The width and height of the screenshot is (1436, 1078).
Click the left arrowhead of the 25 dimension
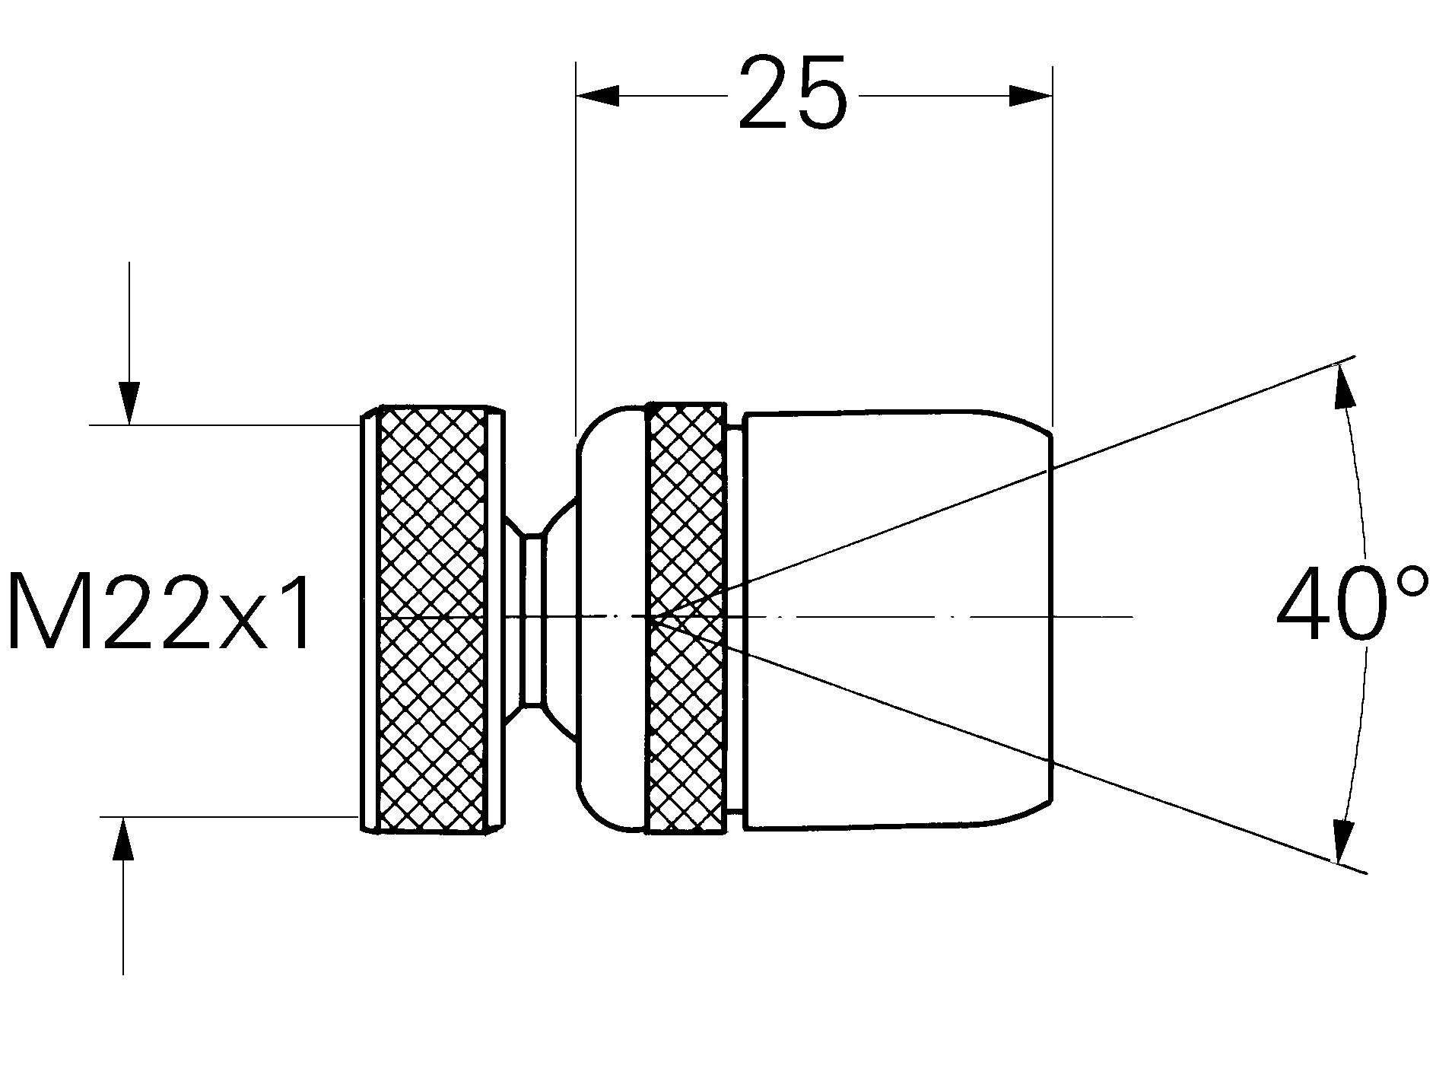(598, 96)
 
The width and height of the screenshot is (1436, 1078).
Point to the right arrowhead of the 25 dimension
(1031, 96)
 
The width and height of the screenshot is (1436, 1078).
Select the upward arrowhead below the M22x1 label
(123, 838)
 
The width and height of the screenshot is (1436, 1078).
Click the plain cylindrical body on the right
(897, 533)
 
